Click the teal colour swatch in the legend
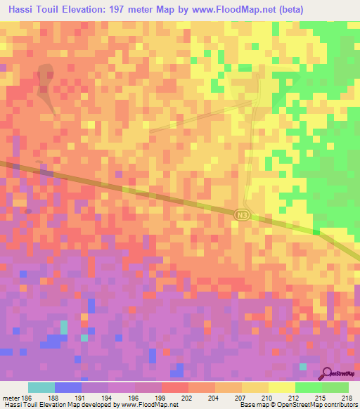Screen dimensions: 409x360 pos(41,387)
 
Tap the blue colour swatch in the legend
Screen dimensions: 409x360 pos(67,387)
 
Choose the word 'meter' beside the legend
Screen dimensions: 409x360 pos(10,397)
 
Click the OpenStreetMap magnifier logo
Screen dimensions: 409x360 pos(328,373)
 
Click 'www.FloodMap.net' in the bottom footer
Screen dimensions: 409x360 pos(149,405)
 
